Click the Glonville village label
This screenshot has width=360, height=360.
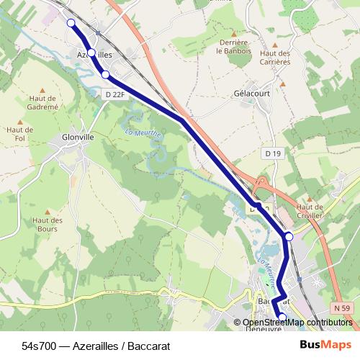pyautogui.click(x=78, y=135)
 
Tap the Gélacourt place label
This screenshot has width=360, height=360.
pyautogui.click(x=251, y=94)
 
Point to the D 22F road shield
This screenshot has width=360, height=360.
pyautogui.click(x=114, y=94)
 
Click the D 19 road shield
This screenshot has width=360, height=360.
pyautogui.click(x=272, y=153)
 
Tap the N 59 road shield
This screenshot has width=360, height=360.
pyautogui.click(x=343, y=308)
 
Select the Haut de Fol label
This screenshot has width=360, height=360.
pyautogui.click(x=15, y=134)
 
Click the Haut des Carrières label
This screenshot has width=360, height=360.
pyautogui.click(x=274, y=58)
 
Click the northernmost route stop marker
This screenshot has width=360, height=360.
pyautogui.click(x=71, y=23)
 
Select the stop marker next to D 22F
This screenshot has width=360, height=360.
pyautogui.click(x=105, y=74)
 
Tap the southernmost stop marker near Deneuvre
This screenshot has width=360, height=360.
pyautogui.click(x=282, y=317)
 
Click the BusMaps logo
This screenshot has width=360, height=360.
pyautogui.click(x=325, y=344)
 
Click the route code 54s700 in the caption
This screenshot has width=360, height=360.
pyautogui.click(x=37, y=345)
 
